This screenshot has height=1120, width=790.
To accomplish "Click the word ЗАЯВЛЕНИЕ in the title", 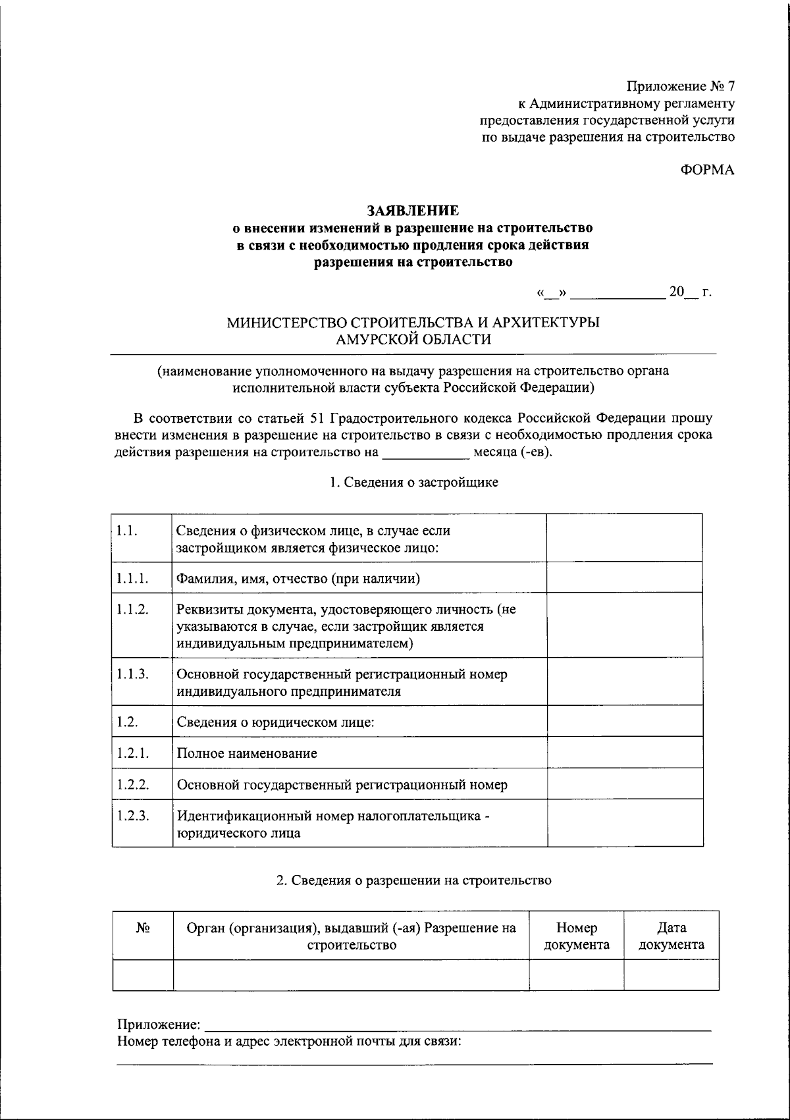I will (x=413, y=211).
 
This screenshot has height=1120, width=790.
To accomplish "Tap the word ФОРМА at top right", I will (x=707, y=170).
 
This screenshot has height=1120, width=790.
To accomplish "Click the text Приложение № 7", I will (x=680, y=86).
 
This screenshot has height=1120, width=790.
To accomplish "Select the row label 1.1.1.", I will (x=132, y=578).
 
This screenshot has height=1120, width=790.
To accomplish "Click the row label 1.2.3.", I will (x=132, y=815).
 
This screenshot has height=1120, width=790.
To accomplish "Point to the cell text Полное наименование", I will (x=247, y=753).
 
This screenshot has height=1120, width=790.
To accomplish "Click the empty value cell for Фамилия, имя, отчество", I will (x=624, y=578).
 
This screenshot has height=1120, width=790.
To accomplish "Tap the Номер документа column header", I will (x=577, y=936).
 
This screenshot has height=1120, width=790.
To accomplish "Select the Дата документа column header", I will (x=671, y=936).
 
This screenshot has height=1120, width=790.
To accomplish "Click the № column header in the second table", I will (x=143, y=928).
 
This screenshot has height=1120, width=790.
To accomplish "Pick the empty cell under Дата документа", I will (x=671, y=975).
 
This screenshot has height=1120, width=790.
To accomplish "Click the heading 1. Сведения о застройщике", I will (x=413, y=482).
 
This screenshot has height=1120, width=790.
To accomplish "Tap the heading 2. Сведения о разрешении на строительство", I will (x=413, y=880).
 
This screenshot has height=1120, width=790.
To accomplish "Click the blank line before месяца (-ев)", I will (x=425, y=453).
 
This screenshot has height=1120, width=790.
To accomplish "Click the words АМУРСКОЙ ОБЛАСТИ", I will (x=413, y=340).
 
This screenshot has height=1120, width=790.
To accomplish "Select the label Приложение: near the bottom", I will (x=159, y=1025).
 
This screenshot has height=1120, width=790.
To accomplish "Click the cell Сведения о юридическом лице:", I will (x=275, y=722).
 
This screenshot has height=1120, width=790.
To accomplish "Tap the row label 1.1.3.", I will (x=132, y=674).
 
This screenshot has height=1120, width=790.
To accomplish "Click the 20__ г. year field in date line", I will (x=689, y=292).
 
